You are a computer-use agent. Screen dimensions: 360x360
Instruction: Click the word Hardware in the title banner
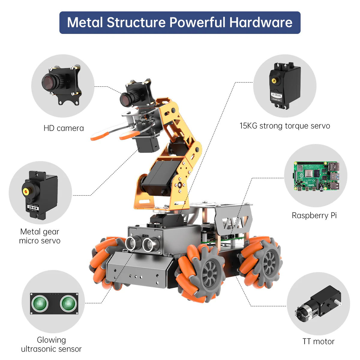pyautogui.click(x=261, y=22)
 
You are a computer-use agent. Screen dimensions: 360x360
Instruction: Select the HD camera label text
pyautogui.click(x=64, y=128)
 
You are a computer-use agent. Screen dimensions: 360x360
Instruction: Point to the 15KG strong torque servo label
pyautogui.click(x=285, y=126)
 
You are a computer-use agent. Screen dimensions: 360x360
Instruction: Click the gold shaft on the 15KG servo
pyautogui.click(x=274, y=80)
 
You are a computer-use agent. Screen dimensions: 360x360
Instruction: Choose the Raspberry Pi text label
pyautogui.click(x=314, y=215)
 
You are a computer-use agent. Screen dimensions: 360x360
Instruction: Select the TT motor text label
pyautogui.click(x=318, y=341)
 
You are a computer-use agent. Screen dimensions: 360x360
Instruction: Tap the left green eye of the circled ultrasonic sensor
pyautogui.click(x=40, y=303)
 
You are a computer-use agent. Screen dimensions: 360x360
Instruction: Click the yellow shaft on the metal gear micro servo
pyautogui.click(x=26, y=191)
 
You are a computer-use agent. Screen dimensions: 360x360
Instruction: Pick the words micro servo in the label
pyautogui.click(x=40, y=241)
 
